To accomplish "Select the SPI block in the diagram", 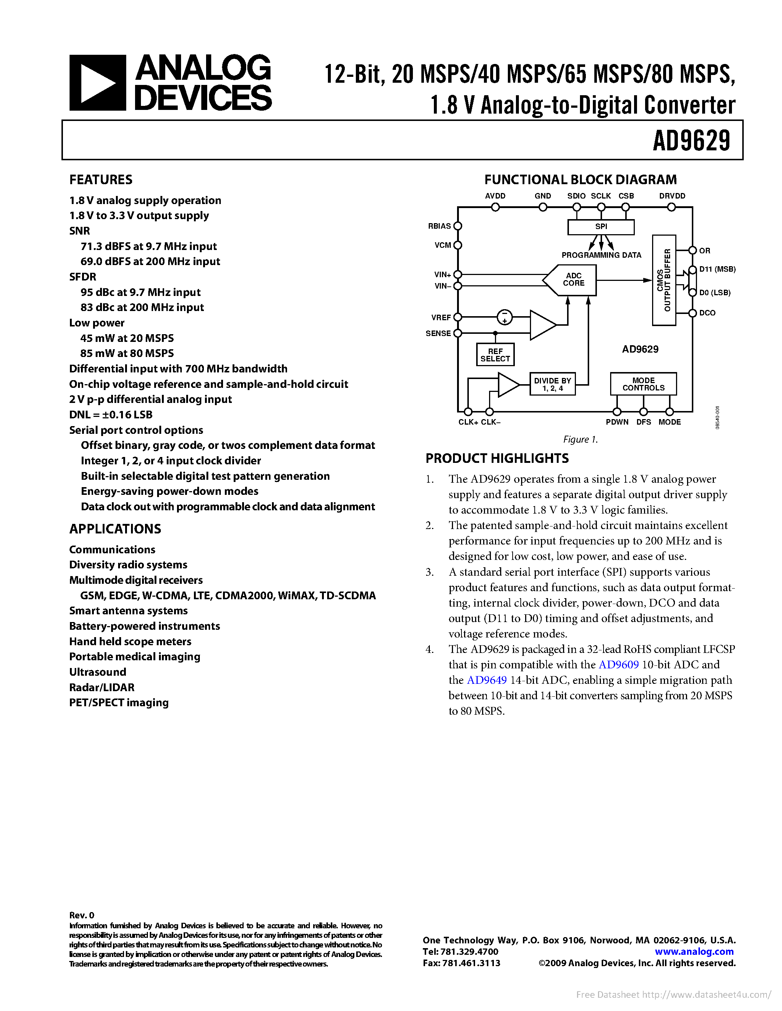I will (x=601, y=227).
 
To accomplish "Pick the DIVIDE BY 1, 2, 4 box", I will (x=552, y=384).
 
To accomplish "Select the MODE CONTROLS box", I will (x=643, y=384).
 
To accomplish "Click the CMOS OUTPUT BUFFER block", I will (x=664, y=280).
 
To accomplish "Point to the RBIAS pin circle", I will (x=458, y=226).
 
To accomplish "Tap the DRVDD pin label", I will (x=672, y=196).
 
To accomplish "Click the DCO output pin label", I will (x=707, y=313).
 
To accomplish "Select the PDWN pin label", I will (x=617, y=422).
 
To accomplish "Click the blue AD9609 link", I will (x=619, y=665).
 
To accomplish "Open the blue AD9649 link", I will (x=486, y=680).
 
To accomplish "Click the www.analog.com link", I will (x=694, y=952).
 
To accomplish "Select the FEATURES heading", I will (x=101, y=180).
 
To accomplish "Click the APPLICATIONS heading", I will (x=115, y=529).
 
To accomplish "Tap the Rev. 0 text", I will (x=82, y=915).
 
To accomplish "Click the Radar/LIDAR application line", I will (x=102, y=687).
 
